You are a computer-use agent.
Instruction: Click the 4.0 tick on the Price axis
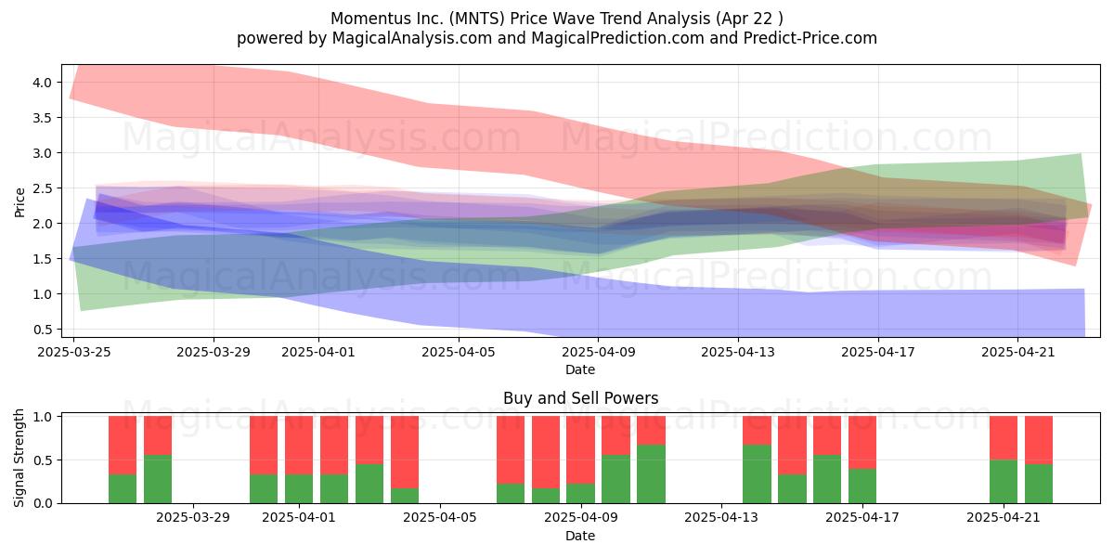[x=43, y=83]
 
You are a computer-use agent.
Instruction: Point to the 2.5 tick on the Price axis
[x=43, y=188]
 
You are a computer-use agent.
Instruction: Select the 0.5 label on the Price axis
[x=43, y=330]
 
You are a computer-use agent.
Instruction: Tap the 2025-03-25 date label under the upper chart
[x=74, y=352]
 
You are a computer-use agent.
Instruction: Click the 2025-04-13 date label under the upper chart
[x=738, y=352]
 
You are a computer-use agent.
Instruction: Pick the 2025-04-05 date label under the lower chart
[x=440, y=518]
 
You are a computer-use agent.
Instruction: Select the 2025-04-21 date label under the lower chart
[x=1004, y=518]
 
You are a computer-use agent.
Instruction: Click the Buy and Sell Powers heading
[x=580, y=398]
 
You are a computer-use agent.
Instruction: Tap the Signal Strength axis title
[x=19, y=458]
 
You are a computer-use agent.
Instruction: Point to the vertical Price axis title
[x=19, y=202]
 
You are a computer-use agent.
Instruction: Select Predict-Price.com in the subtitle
[x=810, y=38]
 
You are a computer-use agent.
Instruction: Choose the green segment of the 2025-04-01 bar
[x=299, y=489]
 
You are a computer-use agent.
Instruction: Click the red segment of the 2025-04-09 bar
[x=580, y=450]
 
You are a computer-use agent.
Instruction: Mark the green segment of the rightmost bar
[x=1039, y=484]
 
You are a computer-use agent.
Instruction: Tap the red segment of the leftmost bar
[x=123, y=446]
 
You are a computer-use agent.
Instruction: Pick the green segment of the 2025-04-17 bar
[x=862, y=486]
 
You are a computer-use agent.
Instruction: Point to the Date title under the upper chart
[x=580, y=369]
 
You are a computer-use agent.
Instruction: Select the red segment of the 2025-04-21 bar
[x=1004, y=438]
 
